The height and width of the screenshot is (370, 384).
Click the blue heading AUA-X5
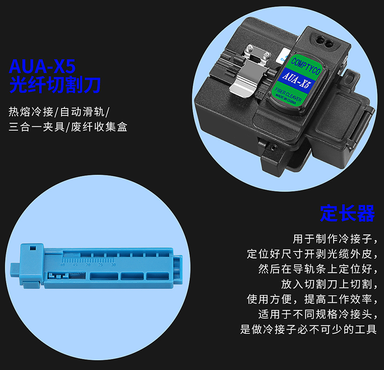pos(42,66)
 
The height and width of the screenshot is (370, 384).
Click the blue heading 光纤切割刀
pos(55,85)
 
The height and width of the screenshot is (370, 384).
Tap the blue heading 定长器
pos(348,213)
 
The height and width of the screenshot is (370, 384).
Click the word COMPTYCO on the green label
pos(306,66)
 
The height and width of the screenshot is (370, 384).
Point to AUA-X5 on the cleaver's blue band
pos(295,80)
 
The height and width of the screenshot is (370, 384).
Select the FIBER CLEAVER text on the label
pos(288,94)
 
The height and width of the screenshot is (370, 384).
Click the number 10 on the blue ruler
pos(63,265)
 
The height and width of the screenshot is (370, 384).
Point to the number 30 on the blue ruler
pos(113,265)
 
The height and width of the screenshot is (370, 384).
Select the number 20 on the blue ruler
pos(88,265)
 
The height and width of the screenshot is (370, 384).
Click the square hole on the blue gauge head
pos(33,248)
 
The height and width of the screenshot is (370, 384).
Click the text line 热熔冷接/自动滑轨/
pos(59,112)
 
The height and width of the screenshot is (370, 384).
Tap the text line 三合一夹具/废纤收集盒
pos(68,127)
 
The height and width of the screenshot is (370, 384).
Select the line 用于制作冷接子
pos(335,239)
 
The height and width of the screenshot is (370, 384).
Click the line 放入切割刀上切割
pos(329,284)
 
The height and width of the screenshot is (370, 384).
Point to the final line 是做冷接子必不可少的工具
pos(308,329)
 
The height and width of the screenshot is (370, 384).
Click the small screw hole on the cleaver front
pos(273,147)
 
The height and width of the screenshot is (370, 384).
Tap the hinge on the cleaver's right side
pos(365,127)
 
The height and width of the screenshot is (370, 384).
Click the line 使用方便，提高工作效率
pos(312,299)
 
